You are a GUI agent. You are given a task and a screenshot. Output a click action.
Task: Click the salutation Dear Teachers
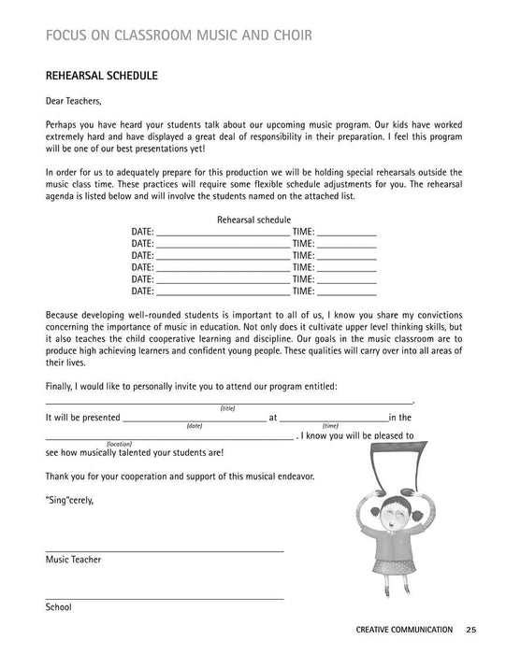75,101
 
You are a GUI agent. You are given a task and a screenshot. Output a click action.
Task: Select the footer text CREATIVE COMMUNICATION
404,629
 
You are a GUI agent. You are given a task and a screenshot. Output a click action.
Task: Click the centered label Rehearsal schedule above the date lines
253,219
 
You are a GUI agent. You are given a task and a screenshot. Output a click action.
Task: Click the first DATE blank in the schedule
223,233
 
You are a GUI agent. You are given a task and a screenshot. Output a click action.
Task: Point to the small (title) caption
227,408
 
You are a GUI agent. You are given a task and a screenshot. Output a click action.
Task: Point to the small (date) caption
194,426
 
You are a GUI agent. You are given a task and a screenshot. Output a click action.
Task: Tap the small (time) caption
330,426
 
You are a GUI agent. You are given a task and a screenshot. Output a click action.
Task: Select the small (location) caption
119,444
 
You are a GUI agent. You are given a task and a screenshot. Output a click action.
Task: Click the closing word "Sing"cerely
69,500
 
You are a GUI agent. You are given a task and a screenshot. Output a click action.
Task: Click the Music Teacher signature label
73,560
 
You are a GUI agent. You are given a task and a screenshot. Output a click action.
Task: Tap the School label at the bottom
58,606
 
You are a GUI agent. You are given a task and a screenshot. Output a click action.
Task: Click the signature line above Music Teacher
164,550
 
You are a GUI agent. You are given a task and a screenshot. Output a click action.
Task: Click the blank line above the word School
164,597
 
